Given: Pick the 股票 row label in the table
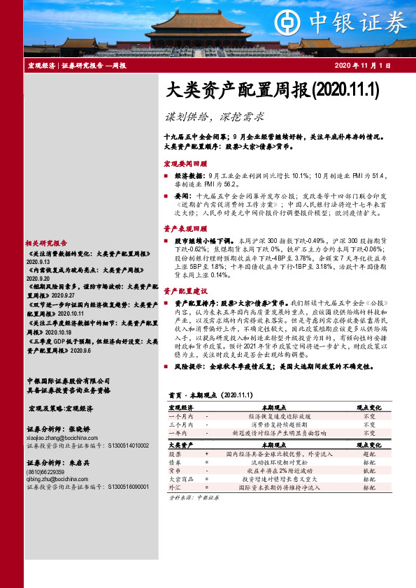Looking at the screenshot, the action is [x=175, y=453].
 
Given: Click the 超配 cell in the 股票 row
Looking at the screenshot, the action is [x=369, y=453].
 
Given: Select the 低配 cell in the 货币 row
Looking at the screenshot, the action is [x=369, y=470].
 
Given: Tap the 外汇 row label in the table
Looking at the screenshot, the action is [x=175, y=487].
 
